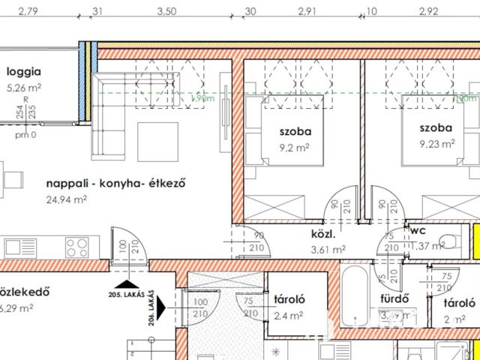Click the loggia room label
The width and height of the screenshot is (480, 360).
23,73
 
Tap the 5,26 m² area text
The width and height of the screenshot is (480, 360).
23,87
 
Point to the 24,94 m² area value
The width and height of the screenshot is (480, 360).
67,199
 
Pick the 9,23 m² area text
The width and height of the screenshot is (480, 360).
438,142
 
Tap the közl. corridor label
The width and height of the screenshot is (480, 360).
325,234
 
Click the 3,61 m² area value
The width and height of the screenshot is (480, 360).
328,249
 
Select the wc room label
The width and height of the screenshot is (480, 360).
417,232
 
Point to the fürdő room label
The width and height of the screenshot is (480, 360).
395,300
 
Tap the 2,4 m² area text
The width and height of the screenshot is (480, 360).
289,316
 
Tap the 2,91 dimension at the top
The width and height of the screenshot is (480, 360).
307,11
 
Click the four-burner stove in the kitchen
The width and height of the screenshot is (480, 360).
77,247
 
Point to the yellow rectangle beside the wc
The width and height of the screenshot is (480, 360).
475,240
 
